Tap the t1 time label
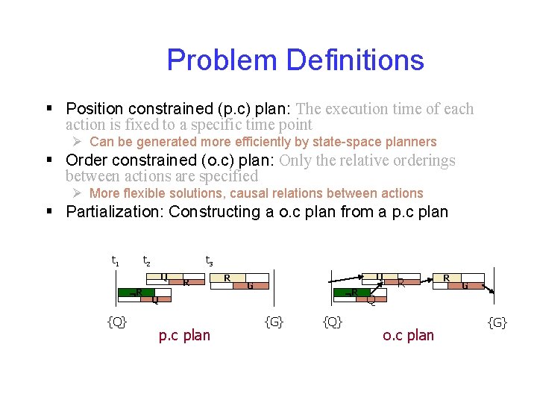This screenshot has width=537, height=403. coord(116,260)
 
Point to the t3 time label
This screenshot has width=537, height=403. coord(210,260)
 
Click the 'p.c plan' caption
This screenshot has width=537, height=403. coord(184,335)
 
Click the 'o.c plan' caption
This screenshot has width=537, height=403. coord(408,335)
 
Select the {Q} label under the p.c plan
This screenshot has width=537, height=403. coord(116,322)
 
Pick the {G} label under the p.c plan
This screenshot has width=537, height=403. coord(274,322)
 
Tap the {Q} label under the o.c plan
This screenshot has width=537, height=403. coord(333,322)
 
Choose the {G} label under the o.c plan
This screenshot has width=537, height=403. coord(497,322)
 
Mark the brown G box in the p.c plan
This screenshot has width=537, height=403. coord(252,284)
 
